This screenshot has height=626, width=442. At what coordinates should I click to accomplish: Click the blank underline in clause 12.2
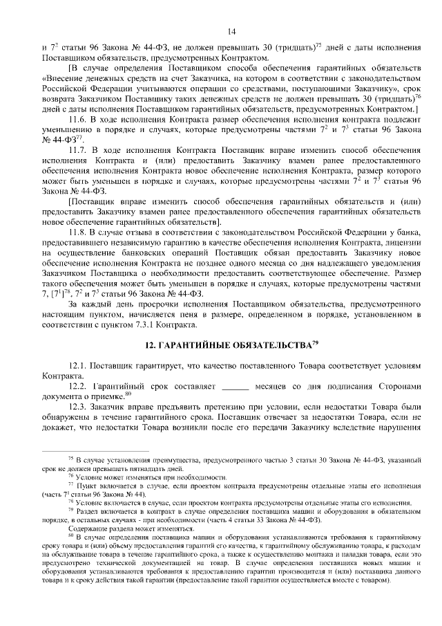coord(236,384)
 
